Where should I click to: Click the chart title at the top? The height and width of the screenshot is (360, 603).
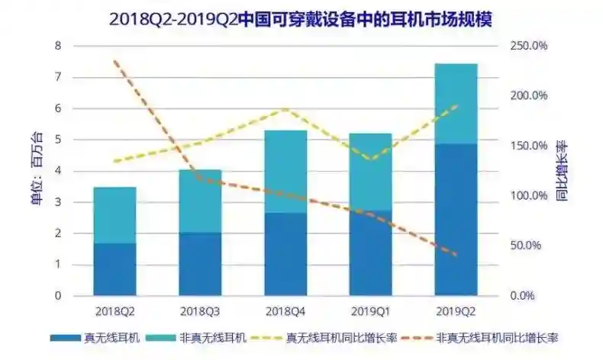(301, 19)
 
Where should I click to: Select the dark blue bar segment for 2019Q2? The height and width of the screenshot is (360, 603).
(456, 220)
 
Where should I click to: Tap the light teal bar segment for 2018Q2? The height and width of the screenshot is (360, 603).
(114, 215)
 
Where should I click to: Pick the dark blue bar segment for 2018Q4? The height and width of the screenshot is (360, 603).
(285, 254)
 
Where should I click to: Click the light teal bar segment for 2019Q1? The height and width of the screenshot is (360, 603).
(370, 172)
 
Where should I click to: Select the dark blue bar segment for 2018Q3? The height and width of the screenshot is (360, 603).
(200, 264)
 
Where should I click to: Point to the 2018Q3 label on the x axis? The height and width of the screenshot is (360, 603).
(200, 311)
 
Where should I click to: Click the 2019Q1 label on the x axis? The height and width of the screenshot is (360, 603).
(370, 311)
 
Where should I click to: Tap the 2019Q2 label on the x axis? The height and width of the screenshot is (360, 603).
(456, 311)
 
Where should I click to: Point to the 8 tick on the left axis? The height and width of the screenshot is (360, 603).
(56, 46)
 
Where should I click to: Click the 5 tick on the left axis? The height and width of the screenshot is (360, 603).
(56, 140)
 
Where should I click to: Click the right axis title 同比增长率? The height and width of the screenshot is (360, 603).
(561, 169)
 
